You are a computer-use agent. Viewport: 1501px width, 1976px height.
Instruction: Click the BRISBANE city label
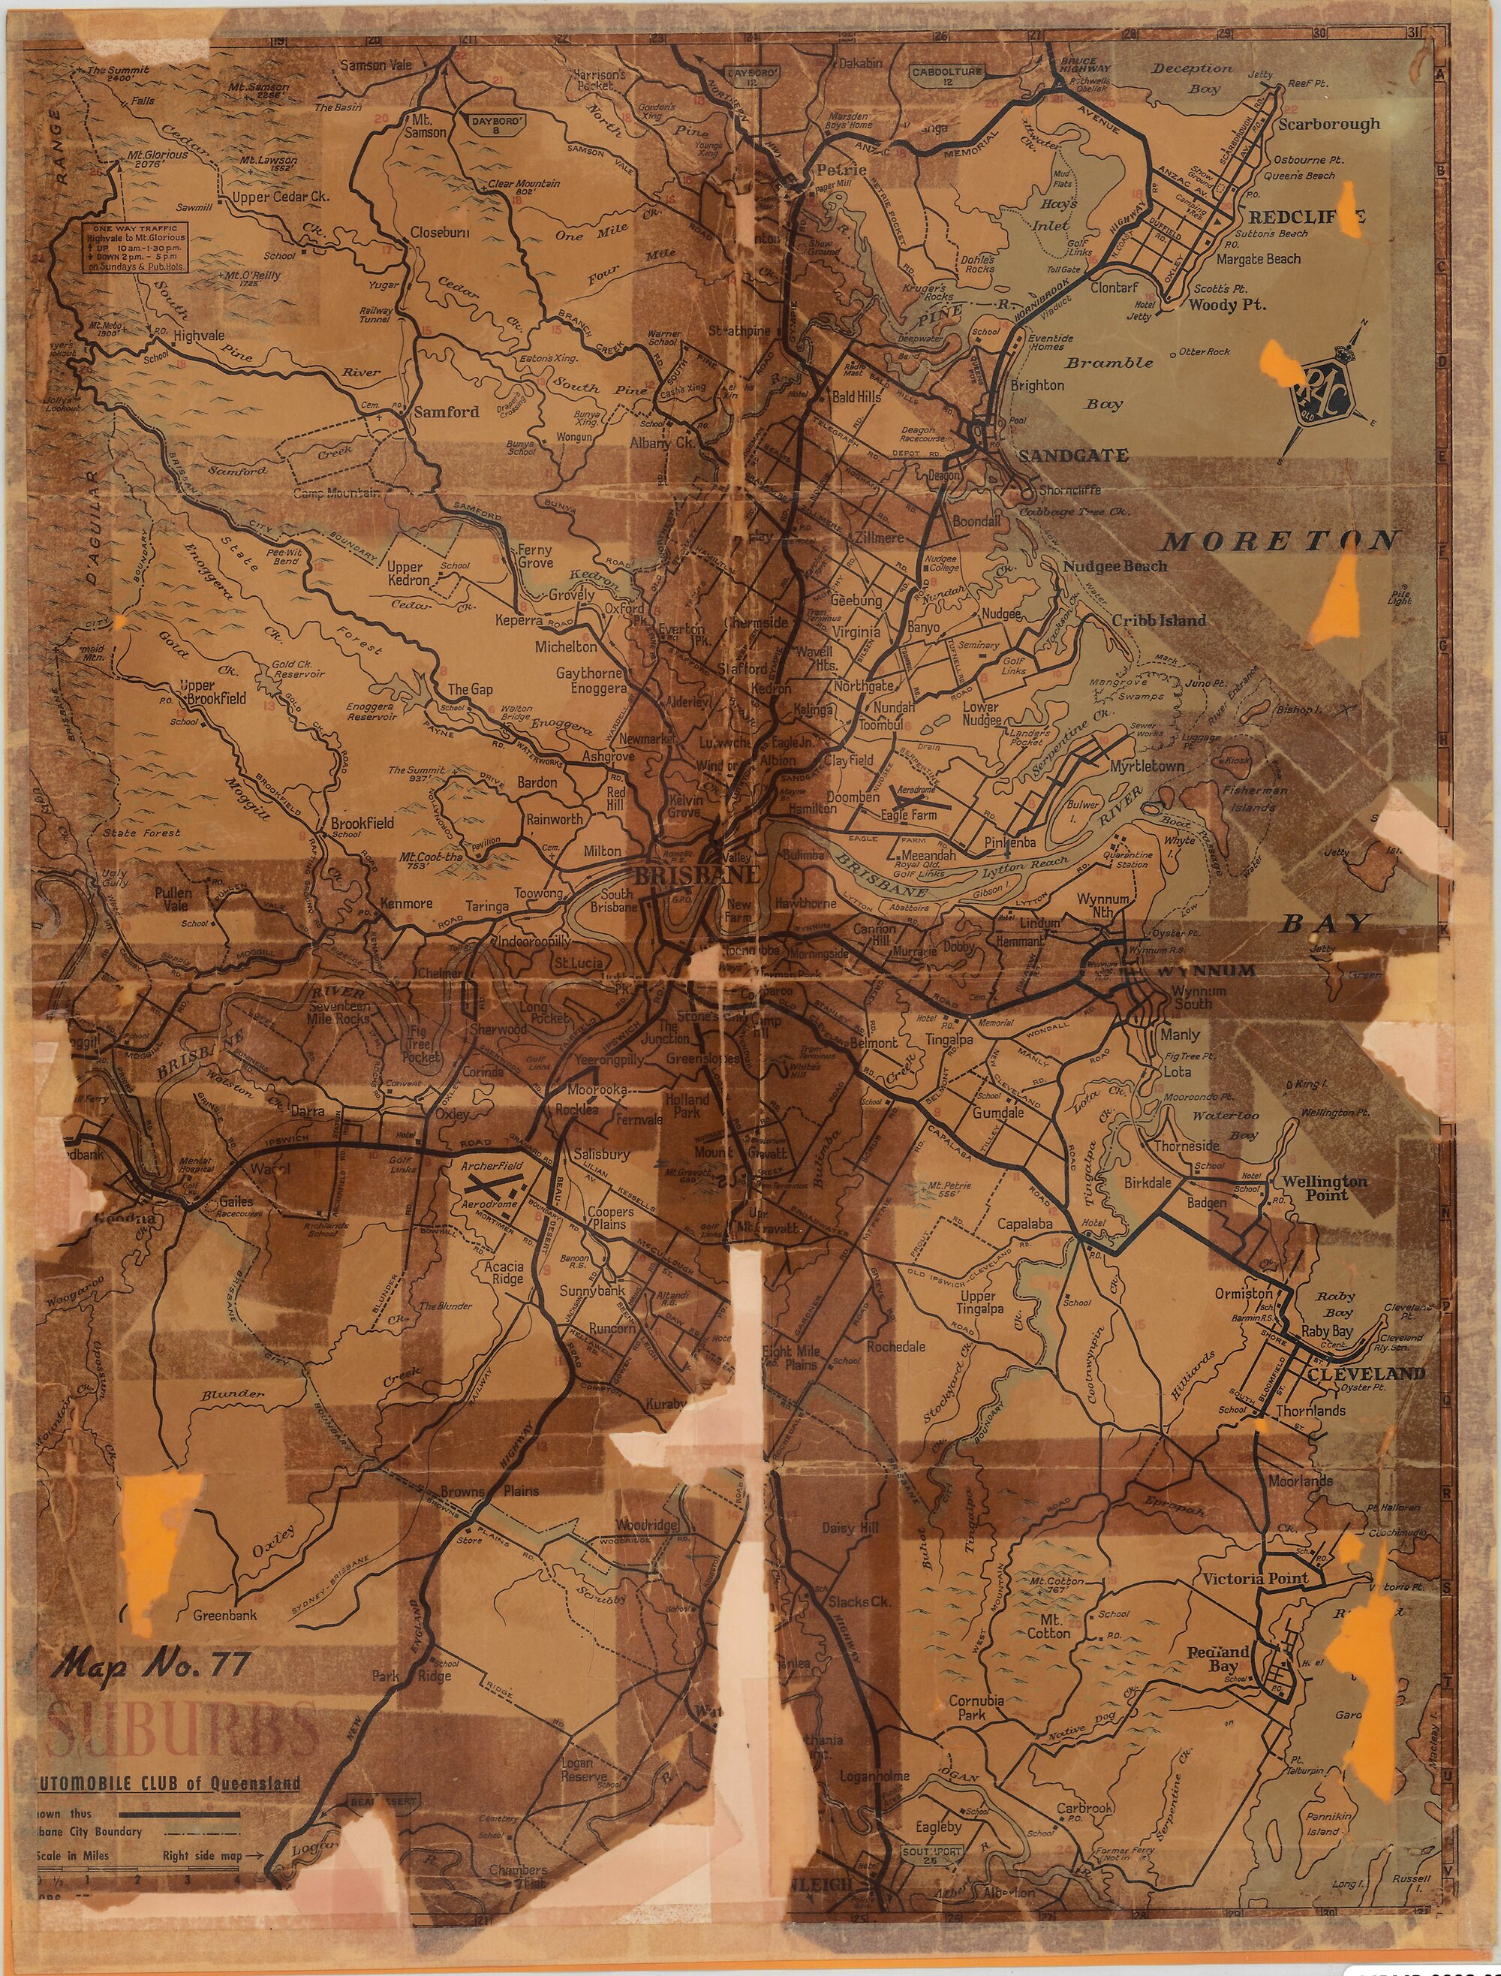tap(697, 874)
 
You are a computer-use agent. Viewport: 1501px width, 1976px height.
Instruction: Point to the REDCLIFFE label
tap(1306, 217)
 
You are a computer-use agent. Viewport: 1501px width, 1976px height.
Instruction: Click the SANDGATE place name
tap(1072, 456)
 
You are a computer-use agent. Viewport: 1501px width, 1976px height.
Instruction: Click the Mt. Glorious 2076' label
tap(158, 159)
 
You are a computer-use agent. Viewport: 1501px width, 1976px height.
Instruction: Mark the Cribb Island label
tap(1158, 620)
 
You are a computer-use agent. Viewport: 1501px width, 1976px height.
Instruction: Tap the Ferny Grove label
tap(535, 556)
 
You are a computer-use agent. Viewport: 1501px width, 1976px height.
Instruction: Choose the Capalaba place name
tap(1024, 1224)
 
